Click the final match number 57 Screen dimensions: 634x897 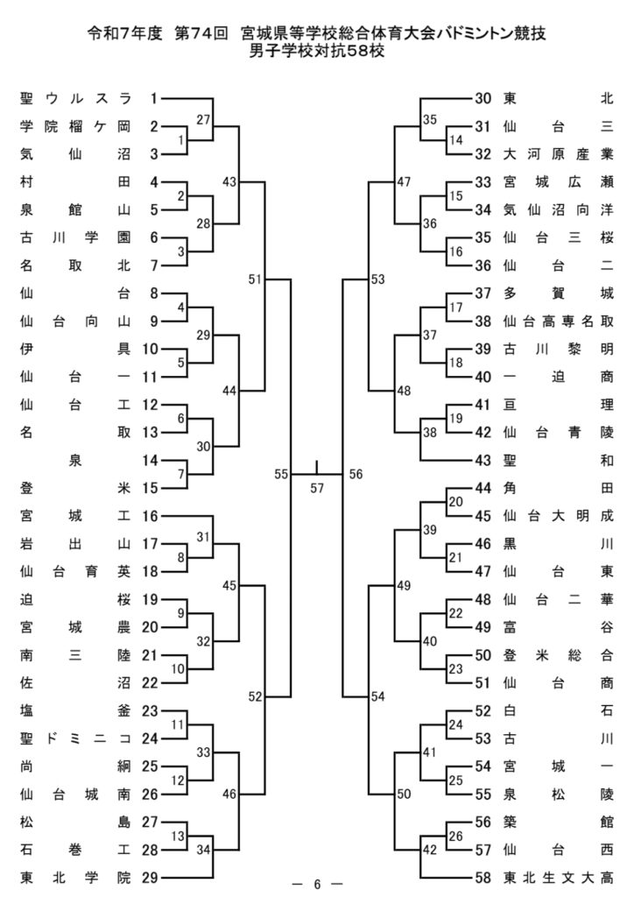(317, 488)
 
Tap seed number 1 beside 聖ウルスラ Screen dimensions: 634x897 (154, 98)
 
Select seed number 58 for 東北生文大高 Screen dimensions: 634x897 (483, 877)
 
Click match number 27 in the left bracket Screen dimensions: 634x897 (203, 119)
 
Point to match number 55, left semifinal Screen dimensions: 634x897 (281, 474)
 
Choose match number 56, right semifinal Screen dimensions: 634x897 (356, 474)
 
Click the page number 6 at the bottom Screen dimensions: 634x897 (317, 884)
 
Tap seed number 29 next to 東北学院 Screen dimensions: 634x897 (150, 877)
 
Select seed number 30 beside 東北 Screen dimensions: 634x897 (483, 98)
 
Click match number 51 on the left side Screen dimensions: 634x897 (255, 279)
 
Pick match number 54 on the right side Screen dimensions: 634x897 (378, 696)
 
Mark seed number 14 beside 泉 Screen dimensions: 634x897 (150, 460)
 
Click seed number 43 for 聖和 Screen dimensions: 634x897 (483, 460)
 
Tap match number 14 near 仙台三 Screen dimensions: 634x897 (455, 140)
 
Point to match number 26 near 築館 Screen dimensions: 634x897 (455, 836)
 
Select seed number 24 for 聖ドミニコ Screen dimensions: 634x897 (150, 738)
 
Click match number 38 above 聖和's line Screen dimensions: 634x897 (430, 433)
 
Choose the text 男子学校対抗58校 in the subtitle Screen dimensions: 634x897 (317, 51)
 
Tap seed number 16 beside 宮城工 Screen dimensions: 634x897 (150, 515)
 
